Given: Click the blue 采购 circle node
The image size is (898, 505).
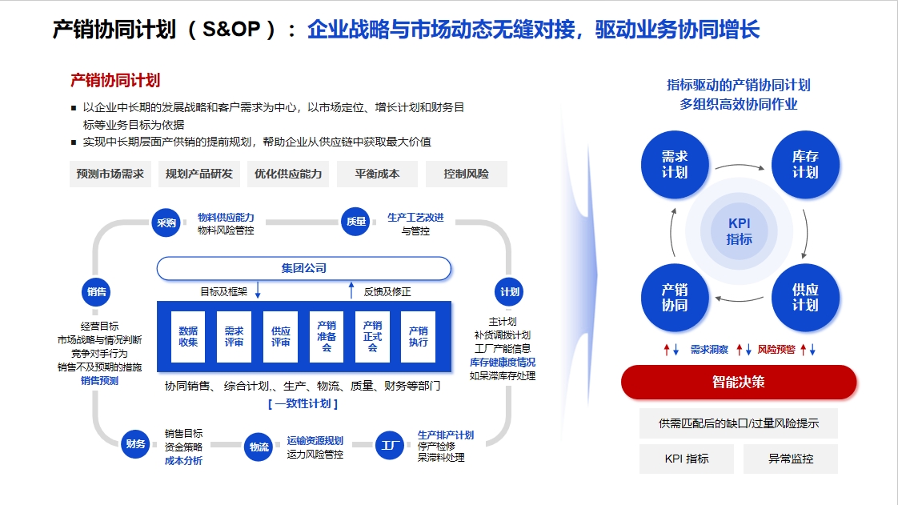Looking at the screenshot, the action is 166,222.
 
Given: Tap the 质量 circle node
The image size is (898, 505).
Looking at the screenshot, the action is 356,222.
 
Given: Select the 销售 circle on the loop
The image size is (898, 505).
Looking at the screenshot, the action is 96,292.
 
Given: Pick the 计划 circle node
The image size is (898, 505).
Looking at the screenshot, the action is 509,292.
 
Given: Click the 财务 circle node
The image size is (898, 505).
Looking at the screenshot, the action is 136,443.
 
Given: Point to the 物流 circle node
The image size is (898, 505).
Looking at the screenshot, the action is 259,447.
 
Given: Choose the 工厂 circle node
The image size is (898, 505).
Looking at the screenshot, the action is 391,446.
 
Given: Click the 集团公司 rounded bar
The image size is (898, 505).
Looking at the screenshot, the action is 304,268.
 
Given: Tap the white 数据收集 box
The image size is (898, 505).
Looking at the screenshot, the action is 188,337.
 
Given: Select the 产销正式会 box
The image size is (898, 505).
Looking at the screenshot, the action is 372,337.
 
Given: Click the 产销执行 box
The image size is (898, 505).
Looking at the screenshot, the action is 418,337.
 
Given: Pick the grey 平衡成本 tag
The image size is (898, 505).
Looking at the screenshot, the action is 378,174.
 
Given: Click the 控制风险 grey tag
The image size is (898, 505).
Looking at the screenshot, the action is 466,174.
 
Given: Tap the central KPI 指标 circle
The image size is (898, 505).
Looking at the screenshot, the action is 740,231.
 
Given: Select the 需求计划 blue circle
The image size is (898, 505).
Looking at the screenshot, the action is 675,165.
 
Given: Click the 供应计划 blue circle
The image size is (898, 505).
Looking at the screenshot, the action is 805,298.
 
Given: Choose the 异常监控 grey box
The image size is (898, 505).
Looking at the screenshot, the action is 790,459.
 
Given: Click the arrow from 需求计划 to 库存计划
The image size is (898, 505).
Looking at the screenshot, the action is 740,166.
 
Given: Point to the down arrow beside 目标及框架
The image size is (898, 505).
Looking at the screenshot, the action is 258,290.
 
